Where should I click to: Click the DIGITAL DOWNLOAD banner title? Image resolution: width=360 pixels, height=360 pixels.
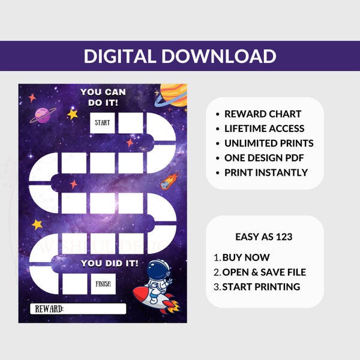pos(180,56)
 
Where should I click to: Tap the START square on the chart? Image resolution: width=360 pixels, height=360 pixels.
pos(102,124)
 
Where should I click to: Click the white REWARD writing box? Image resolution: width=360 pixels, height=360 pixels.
pos(78,309)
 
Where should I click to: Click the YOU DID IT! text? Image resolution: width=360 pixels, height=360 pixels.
pos(109,263)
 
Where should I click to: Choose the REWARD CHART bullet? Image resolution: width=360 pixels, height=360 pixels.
pos(263,114)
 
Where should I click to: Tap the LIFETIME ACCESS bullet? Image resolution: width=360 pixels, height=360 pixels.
pos(264,128)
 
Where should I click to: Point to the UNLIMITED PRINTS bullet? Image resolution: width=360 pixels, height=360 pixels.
pos(269,143)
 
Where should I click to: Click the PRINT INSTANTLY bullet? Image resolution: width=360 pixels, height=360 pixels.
pos(266,173)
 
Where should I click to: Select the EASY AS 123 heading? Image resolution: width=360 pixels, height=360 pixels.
pos(265,237)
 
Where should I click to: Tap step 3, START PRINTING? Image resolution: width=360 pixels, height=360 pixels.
pos(261,287)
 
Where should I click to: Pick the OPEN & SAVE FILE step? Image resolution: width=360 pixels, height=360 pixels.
pos(264,272)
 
